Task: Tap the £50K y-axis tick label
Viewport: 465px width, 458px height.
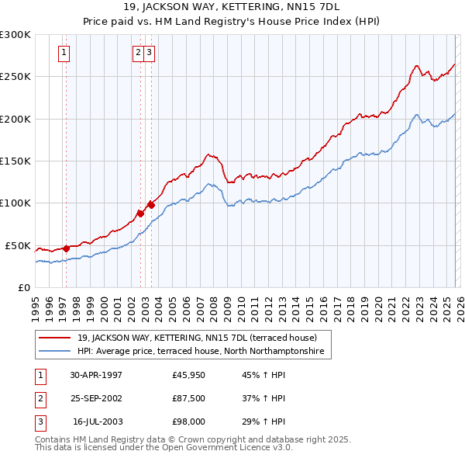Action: (x=18, y=245)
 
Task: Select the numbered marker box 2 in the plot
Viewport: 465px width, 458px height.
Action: (x=138, y=53)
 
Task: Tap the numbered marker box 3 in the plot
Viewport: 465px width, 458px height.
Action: (x=149, y=53)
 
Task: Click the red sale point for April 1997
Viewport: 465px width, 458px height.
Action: (x=66, y=248)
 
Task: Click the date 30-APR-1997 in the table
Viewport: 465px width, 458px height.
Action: (x=95, y=375)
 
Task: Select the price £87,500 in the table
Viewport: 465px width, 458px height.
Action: (x=189, y=398)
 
